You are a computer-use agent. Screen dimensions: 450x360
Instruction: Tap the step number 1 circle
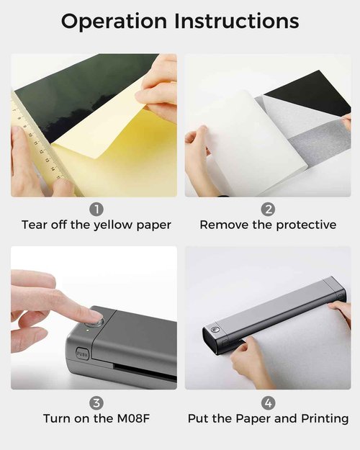[96, 210]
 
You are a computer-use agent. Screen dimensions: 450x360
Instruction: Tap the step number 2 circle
[268, 210]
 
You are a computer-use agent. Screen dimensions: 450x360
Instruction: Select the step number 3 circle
[96, 402]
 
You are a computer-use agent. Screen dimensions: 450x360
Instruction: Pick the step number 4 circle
[268, 402]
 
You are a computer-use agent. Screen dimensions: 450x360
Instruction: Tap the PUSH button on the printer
[81, 355]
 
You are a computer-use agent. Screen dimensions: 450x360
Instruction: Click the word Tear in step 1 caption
[35, 225]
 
